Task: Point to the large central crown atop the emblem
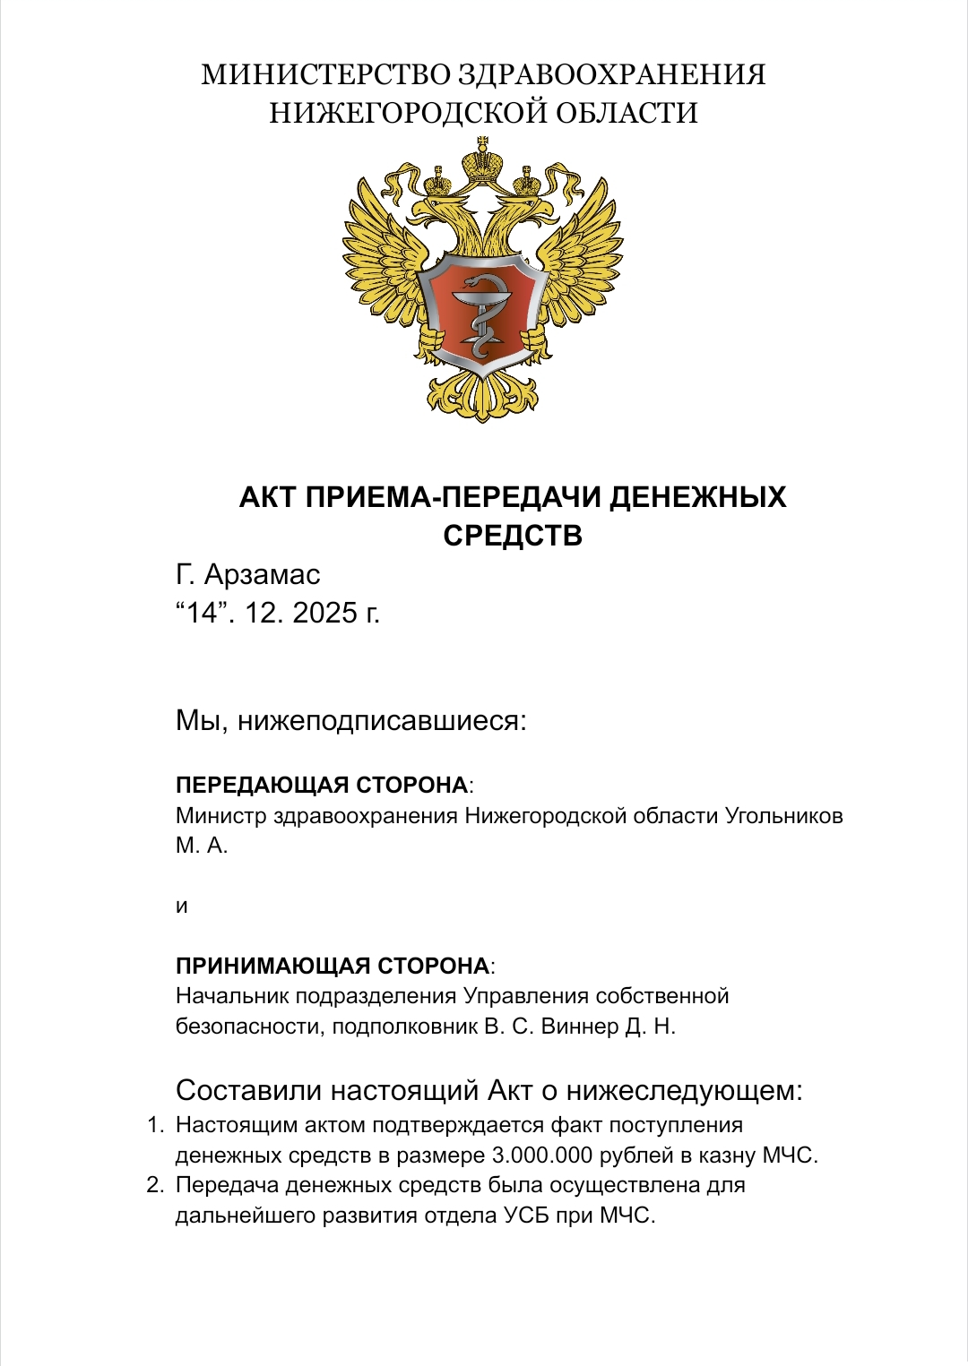point(483,162)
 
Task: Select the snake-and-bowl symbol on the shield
point(481,314)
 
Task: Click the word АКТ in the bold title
point(267,497)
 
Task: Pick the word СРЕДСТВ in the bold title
point(513,536)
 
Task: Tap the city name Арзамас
point(262,574)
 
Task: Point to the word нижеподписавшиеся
point(382,720)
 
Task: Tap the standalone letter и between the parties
point(182,906)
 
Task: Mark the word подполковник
point(404,1027)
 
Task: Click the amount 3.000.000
point(542,1156)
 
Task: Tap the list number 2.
point(155,1185)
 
